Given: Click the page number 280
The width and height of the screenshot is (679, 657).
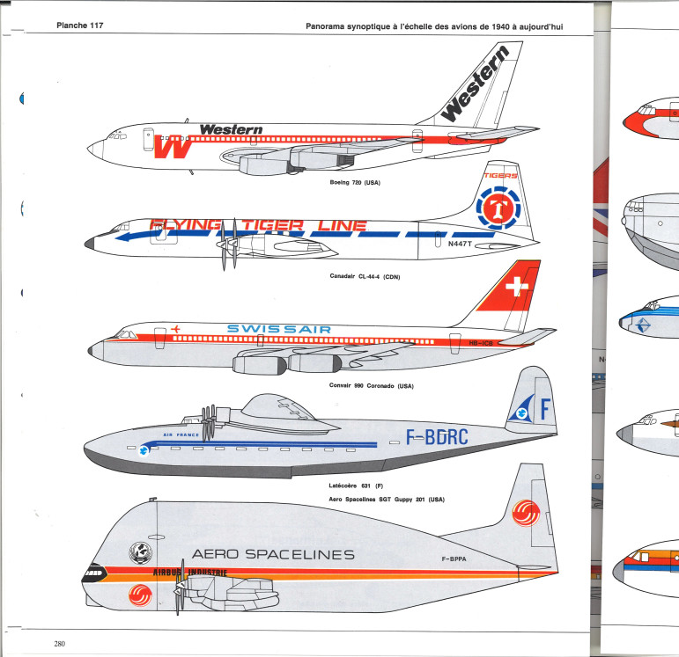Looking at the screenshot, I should click(59, 644).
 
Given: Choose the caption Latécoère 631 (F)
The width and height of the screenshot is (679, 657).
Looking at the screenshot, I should click(344, 485).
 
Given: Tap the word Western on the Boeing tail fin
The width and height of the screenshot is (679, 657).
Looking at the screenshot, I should click(475, 87).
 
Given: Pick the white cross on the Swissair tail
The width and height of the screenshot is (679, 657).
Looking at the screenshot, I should click(517, 288).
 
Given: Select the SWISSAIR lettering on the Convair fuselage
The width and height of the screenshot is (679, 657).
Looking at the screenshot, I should click(279, 329).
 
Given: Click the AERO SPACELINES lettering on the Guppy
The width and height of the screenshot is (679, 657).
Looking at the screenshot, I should click(272, 554).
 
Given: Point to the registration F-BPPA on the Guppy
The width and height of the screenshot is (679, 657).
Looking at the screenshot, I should click(455, 558).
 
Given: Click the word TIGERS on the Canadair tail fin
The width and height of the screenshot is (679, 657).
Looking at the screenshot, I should click(500, 175).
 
